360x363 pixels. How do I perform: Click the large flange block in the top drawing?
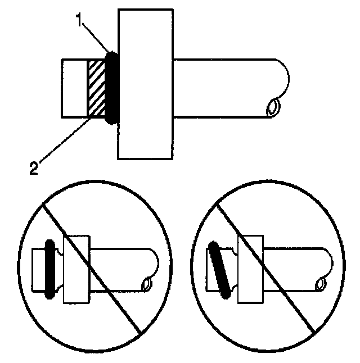pyautogui.click(x=145, y=84)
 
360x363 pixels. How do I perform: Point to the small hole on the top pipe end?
pyautogui.click(x=273, y=106)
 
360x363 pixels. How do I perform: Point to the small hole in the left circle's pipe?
pyautogui.click(x=148, y=284)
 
